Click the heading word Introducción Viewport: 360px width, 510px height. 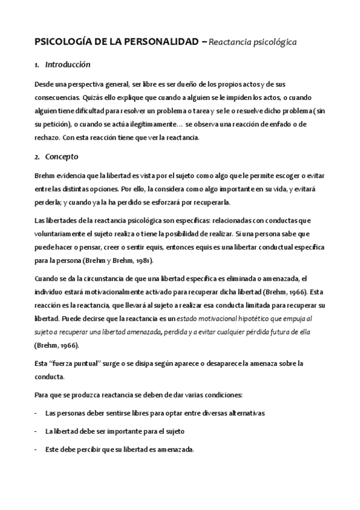tap(68, 64)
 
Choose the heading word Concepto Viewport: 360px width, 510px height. tap(62, 157)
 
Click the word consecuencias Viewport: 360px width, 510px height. tap(56, 97)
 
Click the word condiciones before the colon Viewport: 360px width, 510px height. tap(221, 395)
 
